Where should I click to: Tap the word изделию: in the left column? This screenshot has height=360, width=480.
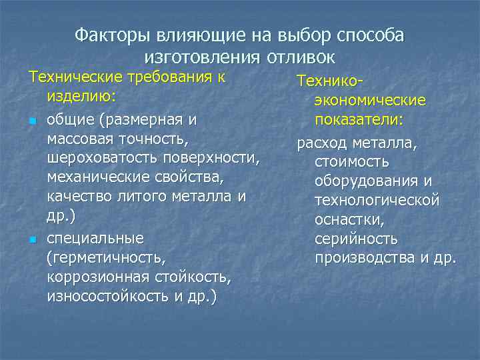[x=82, y=97]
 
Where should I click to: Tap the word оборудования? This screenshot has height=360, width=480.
[x=367, y=181]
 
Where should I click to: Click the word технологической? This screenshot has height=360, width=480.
[x=377, y=200]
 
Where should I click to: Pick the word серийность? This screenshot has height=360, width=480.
[x=357, y=238]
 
